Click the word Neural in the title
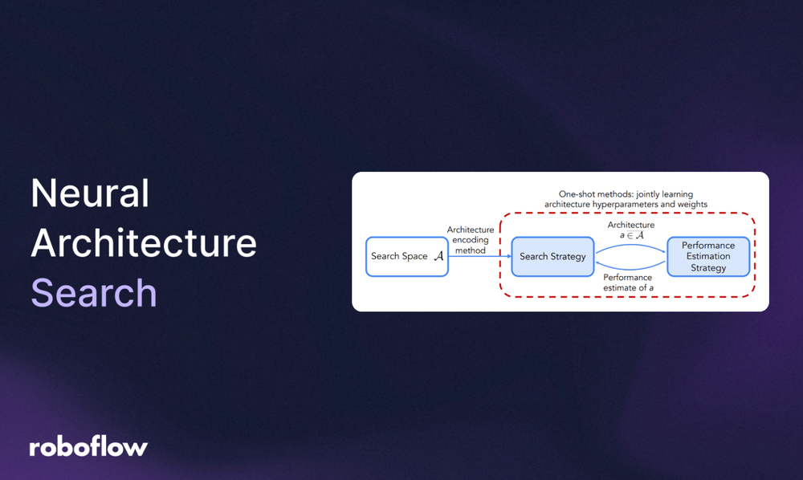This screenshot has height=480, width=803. point(90,194)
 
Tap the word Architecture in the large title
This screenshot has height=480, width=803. point(144,244)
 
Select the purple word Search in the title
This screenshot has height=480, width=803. point(93,293)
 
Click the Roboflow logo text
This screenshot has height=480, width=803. point(88,447)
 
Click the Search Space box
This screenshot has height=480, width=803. point(406,257)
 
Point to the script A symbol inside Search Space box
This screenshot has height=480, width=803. point(438,257)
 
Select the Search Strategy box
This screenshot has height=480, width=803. point(552,257)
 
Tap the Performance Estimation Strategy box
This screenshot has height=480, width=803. point(707,257)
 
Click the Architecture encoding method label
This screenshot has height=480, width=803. point(471,240)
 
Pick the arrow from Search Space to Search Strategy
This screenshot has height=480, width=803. point(479,257)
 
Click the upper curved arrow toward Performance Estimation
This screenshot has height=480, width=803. point(631,245)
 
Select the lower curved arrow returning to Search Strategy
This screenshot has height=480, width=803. point(631,271)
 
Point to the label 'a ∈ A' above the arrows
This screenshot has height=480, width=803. point(631,235)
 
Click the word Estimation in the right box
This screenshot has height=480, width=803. point(708,257)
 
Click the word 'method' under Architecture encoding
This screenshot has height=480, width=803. point(471,250)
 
